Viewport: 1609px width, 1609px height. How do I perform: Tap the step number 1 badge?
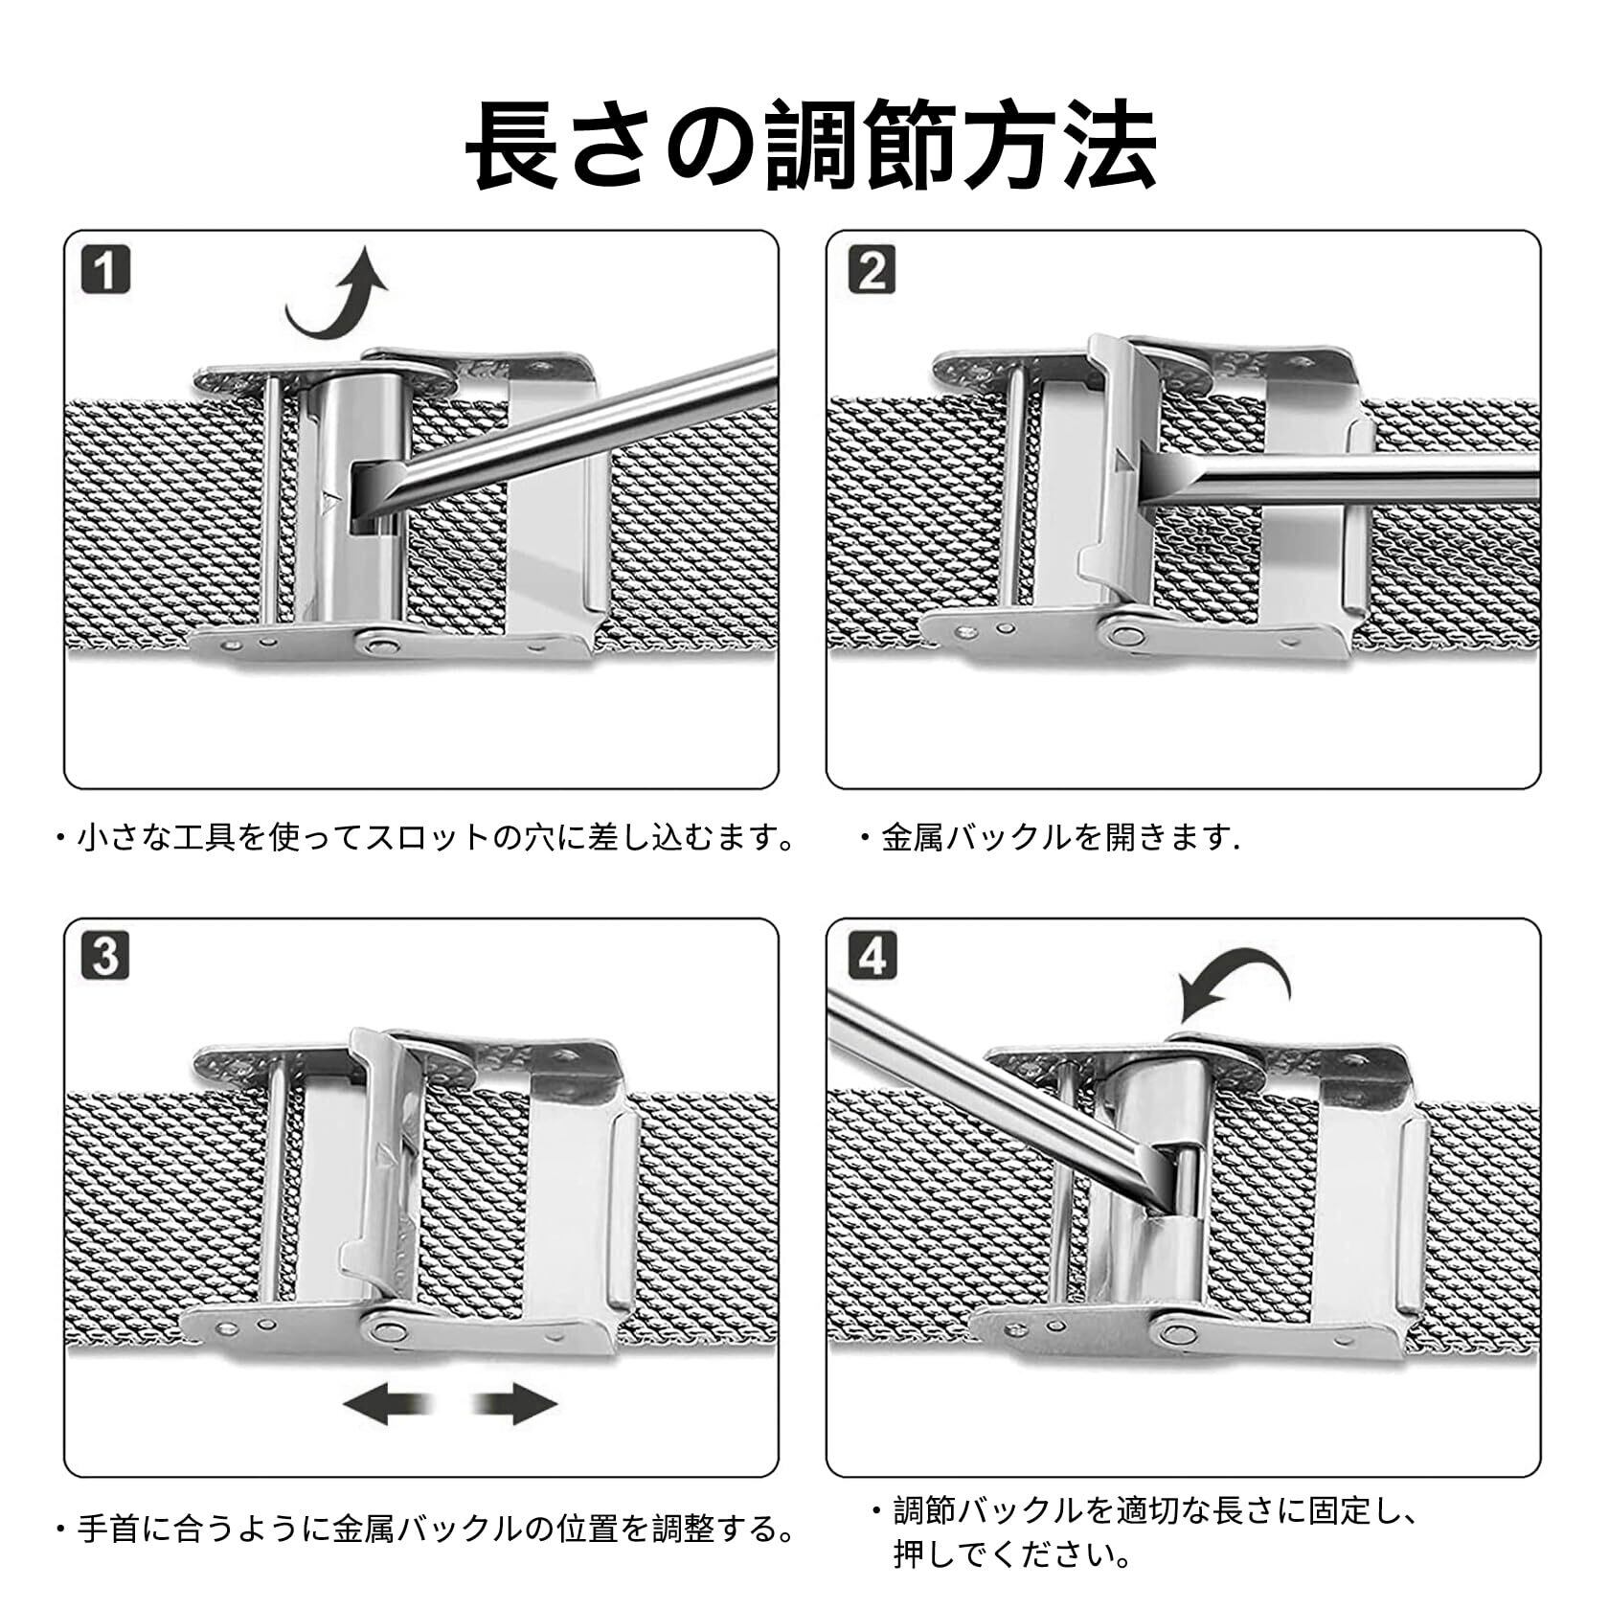(x=105, y=270)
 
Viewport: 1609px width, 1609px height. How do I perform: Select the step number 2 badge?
(x=870, y=270)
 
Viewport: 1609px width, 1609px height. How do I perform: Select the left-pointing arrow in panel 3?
(x=378, y=1405)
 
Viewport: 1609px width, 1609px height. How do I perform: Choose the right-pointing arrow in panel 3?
(x=516, y=1405)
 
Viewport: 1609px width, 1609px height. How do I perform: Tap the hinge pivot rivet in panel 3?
(x=390, y=1327)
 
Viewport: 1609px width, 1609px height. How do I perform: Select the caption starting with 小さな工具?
(x=426, y=839)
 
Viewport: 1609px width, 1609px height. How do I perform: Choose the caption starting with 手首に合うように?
(x=426, y=1529)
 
